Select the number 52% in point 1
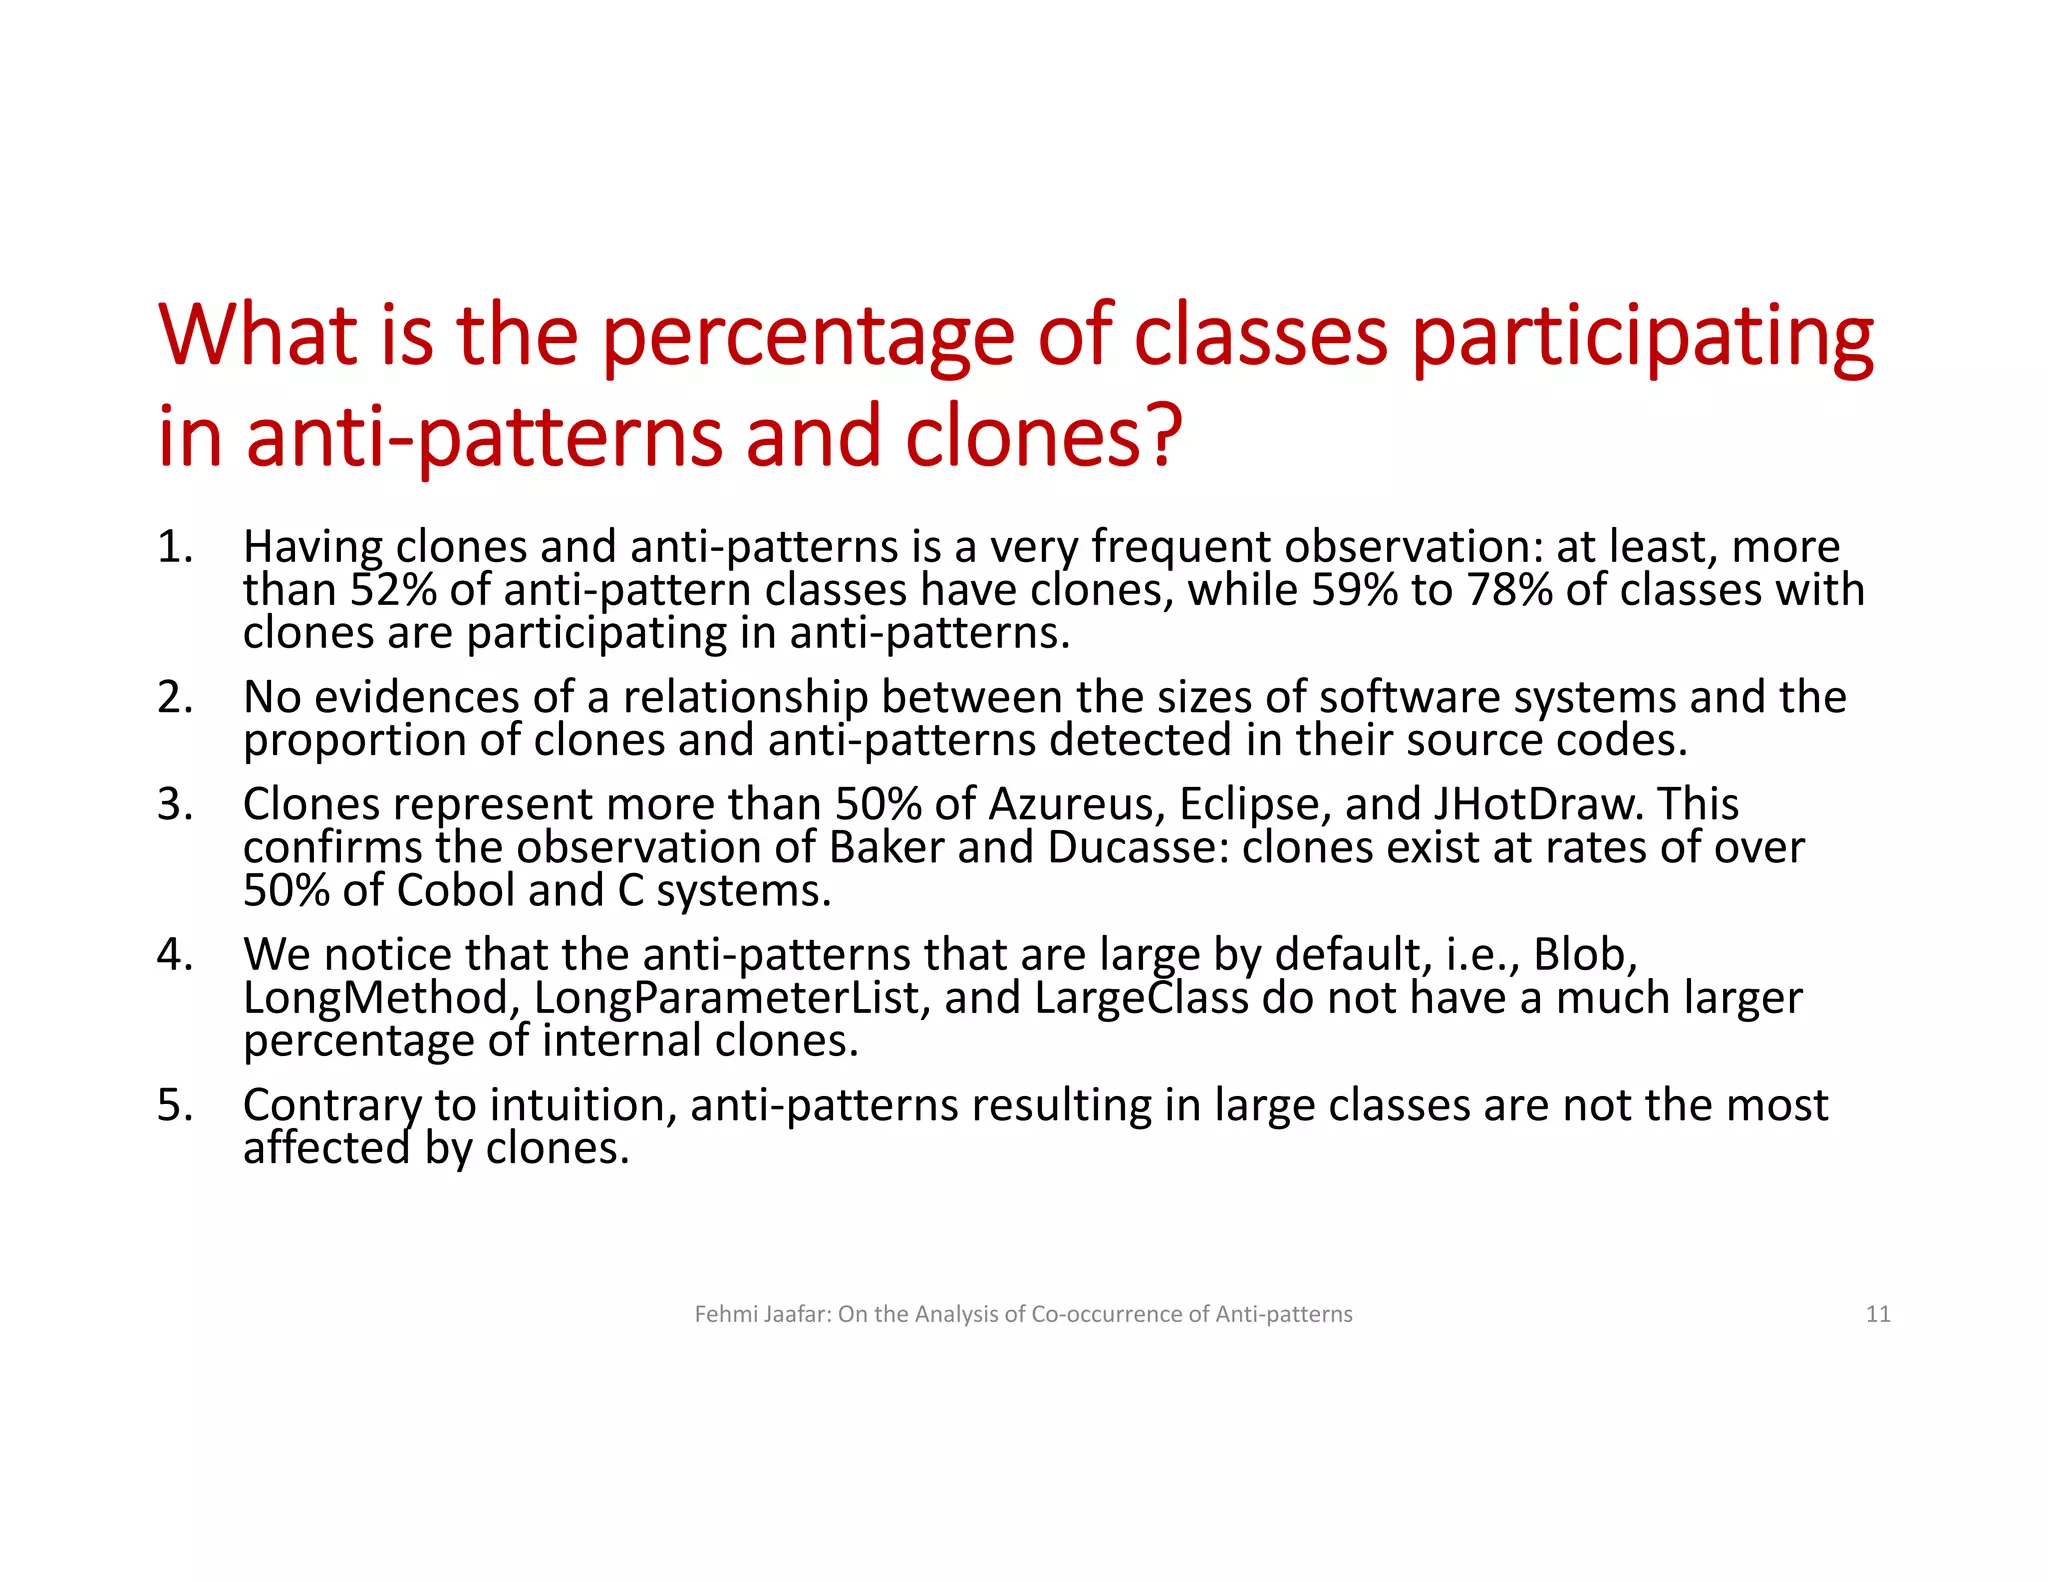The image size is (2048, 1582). point(393,590)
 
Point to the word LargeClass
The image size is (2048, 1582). point(1141,998)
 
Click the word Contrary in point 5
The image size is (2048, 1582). point(332,1106)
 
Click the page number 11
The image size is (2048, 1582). point(1878,1314)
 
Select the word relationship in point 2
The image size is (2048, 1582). point(745,698)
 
